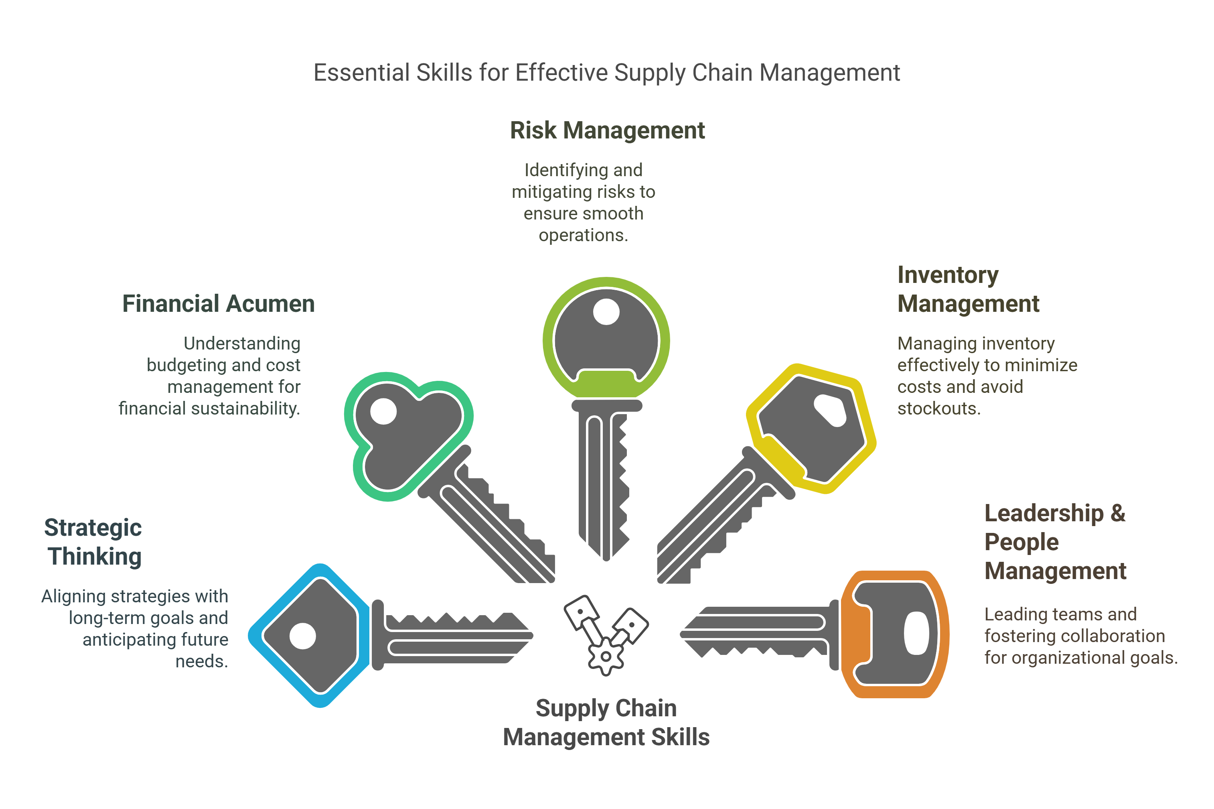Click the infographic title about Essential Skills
click(607, 73)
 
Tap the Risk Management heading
click(607, 130)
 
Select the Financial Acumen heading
click(218, 303)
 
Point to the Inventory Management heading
click(968, 289)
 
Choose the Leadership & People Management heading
click(1055, 542)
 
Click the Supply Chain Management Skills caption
click(606, 722)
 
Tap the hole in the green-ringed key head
click(606, 312)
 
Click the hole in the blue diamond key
click(303, 636)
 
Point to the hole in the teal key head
click(383, 411)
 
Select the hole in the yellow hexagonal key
click(830, 411)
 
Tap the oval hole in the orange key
click(916, 633)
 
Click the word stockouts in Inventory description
click(939, 409)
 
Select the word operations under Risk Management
click(583, 235)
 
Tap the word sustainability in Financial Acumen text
click(245, 409)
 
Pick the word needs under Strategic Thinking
click(202, 661)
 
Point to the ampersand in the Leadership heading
click(1118, 513)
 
